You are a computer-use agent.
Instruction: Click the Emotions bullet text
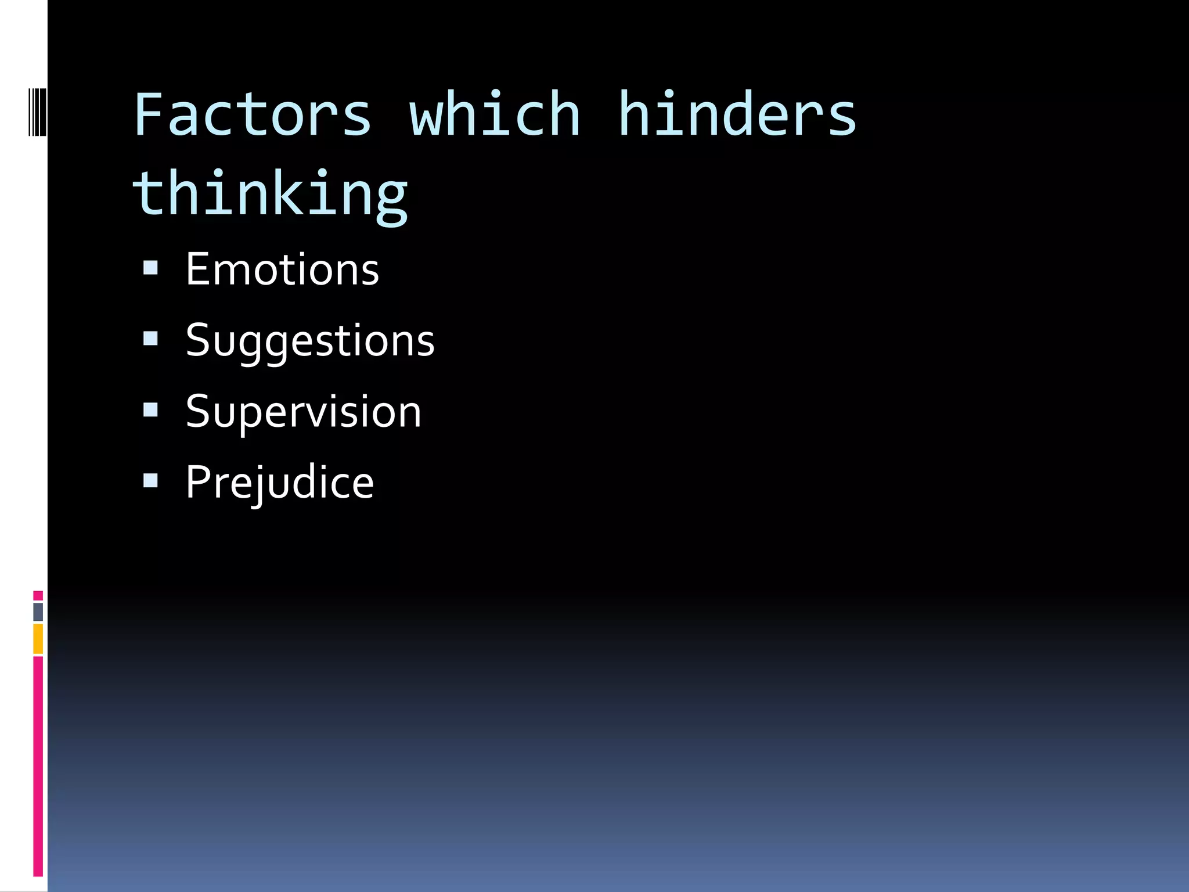(282, 270)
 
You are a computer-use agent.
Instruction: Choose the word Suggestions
(310, 341)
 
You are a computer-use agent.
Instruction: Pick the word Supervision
(303, 412)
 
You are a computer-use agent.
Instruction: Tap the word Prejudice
(280, 483)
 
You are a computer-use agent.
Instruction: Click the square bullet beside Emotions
(150, 268)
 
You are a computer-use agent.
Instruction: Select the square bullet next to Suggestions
(150, 339)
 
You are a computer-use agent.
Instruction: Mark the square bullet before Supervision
(150, 410)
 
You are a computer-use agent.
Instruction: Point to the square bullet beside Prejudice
(150, 480)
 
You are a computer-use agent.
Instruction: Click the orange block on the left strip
(38, 638)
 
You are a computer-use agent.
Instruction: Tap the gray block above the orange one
(38, 612)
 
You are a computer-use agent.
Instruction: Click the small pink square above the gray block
(38, 595)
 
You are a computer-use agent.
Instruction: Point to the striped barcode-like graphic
(37, 111)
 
